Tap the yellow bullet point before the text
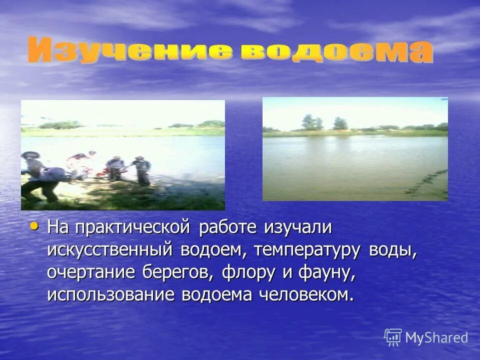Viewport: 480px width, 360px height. [34, 226]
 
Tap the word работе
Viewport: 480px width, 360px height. [227, 227]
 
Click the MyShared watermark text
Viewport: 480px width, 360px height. [436, 337]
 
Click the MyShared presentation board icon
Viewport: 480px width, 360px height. [393, 337]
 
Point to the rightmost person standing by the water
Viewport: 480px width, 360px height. [141, 170]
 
